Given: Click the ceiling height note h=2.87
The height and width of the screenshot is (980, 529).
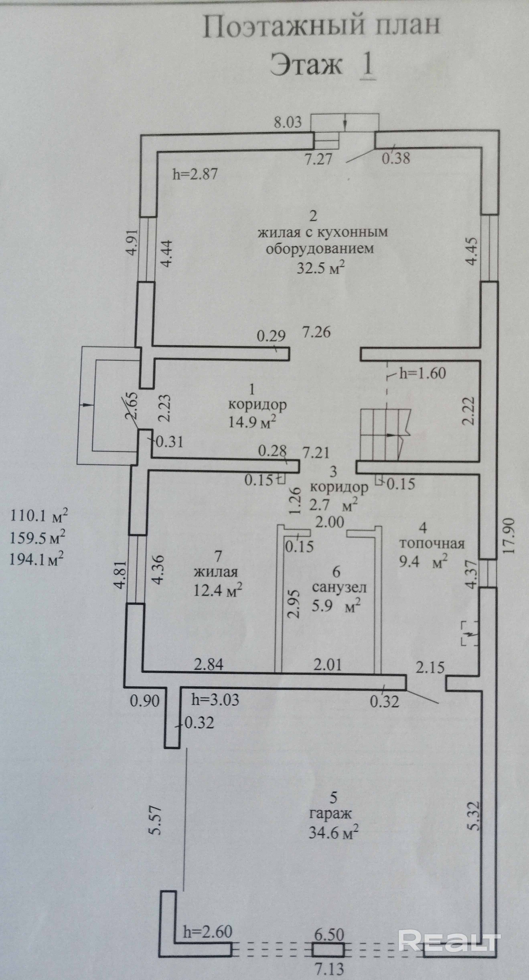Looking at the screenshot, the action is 195,174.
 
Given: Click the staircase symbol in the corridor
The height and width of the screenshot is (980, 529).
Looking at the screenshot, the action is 385,434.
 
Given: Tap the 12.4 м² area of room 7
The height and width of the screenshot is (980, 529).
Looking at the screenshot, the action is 218,590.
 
